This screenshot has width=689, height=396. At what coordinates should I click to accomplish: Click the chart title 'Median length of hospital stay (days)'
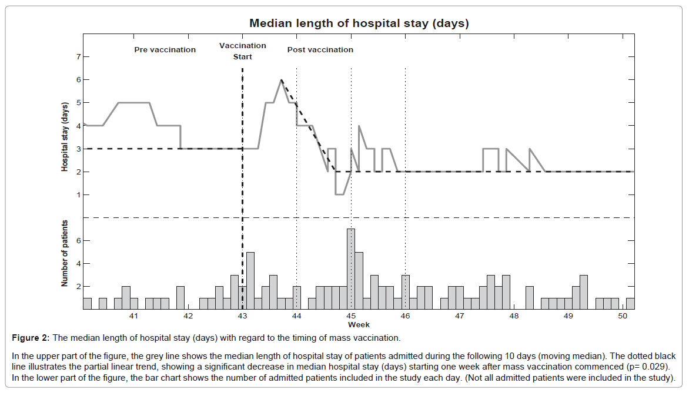[x=359, y=24]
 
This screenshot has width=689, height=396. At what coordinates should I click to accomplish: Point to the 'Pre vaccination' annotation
[x=165, y=50]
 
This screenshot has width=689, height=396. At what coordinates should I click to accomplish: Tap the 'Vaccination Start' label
[x=242, y=51]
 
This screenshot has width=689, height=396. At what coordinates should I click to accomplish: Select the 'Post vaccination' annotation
[x=320, y=50]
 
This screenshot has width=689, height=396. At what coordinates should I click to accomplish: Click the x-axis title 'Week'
[x=359, y=324]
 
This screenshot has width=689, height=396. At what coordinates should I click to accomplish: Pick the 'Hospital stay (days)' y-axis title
[x=65, y=136]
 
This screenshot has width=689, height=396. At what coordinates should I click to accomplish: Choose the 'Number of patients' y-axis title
[x=65, y=254]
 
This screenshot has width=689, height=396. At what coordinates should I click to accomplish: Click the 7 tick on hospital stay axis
[x=78, y=57]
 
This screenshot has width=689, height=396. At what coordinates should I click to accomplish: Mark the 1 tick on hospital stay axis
[x=78, y=195]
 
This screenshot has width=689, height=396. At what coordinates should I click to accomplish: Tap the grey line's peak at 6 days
[x=282, y=80]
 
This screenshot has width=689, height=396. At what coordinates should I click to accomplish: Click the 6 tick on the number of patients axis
[x=78, y=241]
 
